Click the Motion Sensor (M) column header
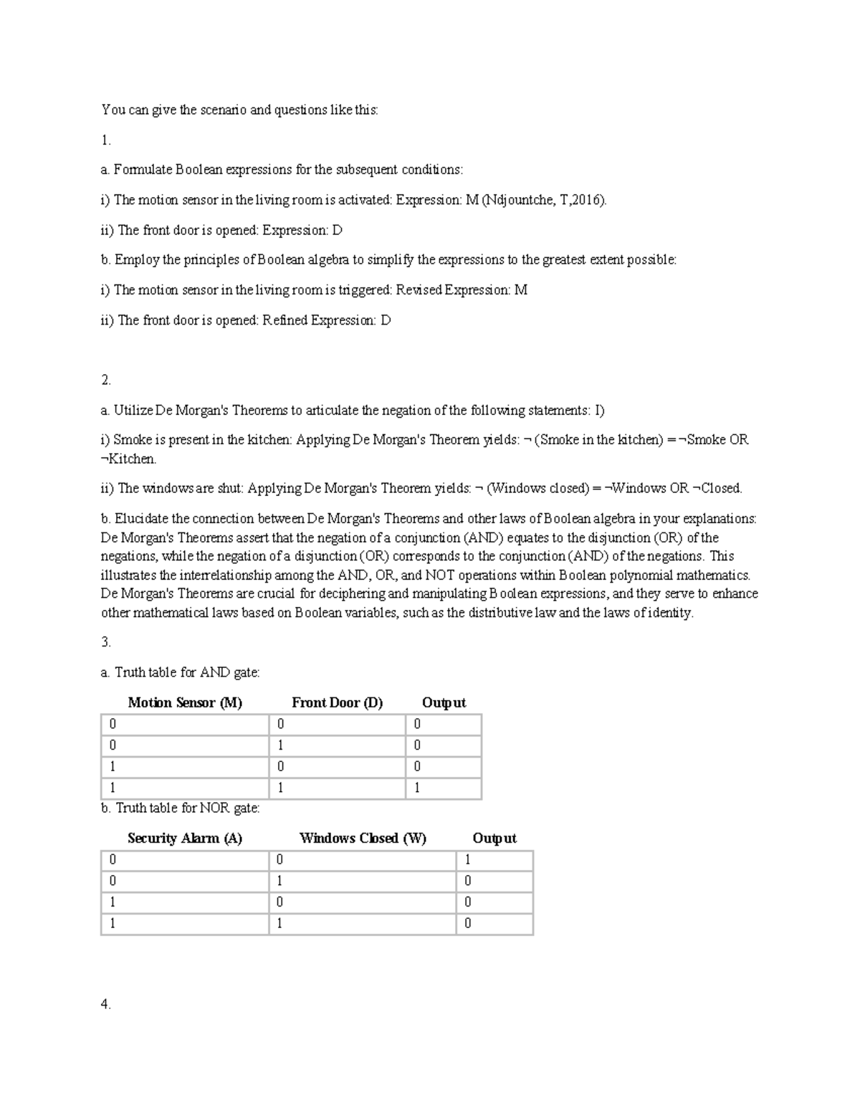(185, 702)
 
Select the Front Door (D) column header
(337, 702)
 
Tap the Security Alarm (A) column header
(185, 838)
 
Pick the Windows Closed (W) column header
(363, 838)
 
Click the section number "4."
(106, 1004)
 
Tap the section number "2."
(106, 380)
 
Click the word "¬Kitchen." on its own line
(128, 459)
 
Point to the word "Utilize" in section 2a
(133, 411)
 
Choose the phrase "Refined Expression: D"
(326, 320)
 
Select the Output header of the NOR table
(494, 838)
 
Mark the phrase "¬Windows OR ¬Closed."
(673, 489)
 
